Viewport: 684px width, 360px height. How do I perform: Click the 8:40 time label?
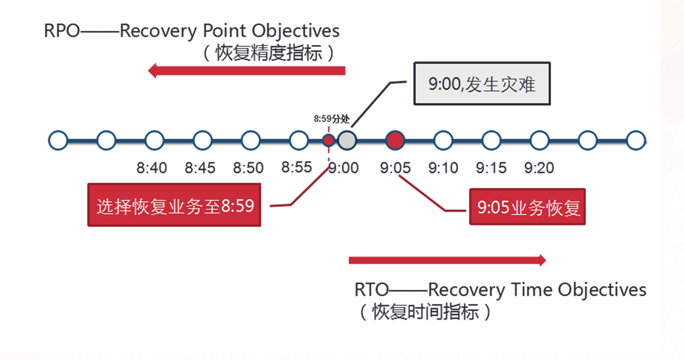tap(152, 168)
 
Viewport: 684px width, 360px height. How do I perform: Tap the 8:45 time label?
tap(200, 168)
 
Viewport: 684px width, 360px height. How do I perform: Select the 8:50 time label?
tap(248, 168)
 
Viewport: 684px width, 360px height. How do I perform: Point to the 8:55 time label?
tap(297, 167)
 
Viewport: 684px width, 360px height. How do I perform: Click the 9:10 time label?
tap(443, 168)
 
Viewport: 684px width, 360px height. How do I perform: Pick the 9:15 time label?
tap(491, 168)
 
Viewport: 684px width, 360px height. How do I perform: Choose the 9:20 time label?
tap(539, 168)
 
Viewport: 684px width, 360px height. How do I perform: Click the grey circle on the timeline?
tap(347, 141)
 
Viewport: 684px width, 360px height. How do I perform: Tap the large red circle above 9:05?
tap(395, 141)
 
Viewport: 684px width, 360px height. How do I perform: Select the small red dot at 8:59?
tap(329, 141)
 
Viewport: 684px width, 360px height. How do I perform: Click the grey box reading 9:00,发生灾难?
tap(482, 84)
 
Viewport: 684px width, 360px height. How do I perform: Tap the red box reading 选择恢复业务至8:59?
tap(174, 205)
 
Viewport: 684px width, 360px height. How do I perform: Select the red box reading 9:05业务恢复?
tap(527, 207)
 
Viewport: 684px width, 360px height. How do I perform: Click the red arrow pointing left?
tap(247, 71)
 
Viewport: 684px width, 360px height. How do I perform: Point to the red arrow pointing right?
tap(447, 260)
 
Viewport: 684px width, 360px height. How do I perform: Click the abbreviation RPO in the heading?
tap(62, 31)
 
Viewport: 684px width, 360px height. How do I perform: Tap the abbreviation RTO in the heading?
tap(372, 290)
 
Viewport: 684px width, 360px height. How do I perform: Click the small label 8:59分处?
tap(331, 119)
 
